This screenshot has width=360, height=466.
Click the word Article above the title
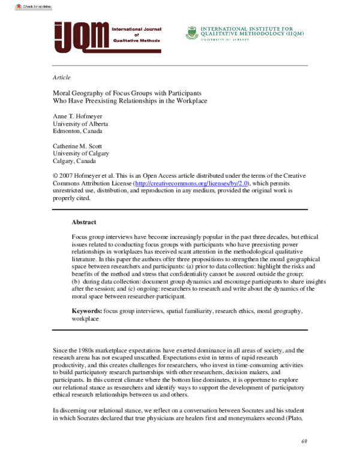tap(62, 77)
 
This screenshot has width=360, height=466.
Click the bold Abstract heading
tap(84, 222)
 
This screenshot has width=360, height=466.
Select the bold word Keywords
tap(86, 312)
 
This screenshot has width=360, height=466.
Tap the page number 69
tap(304, 441)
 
